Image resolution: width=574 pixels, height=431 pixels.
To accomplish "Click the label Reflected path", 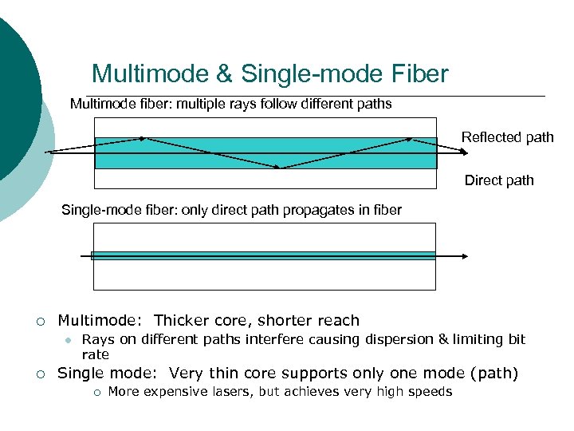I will pos(507,137).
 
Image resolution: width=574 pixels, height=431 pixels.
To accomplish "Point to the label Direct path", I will pos(499,180).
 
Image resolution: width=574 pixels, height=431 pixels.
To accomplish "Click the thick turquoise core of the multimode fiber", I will pos(199,160).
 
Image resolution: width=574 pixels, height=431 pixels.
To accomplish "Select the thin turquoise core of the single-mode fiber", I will pos(263,255).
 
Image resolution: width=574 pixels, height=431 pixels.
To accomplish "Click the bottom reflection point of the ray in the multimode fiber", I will pos(281,168).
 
